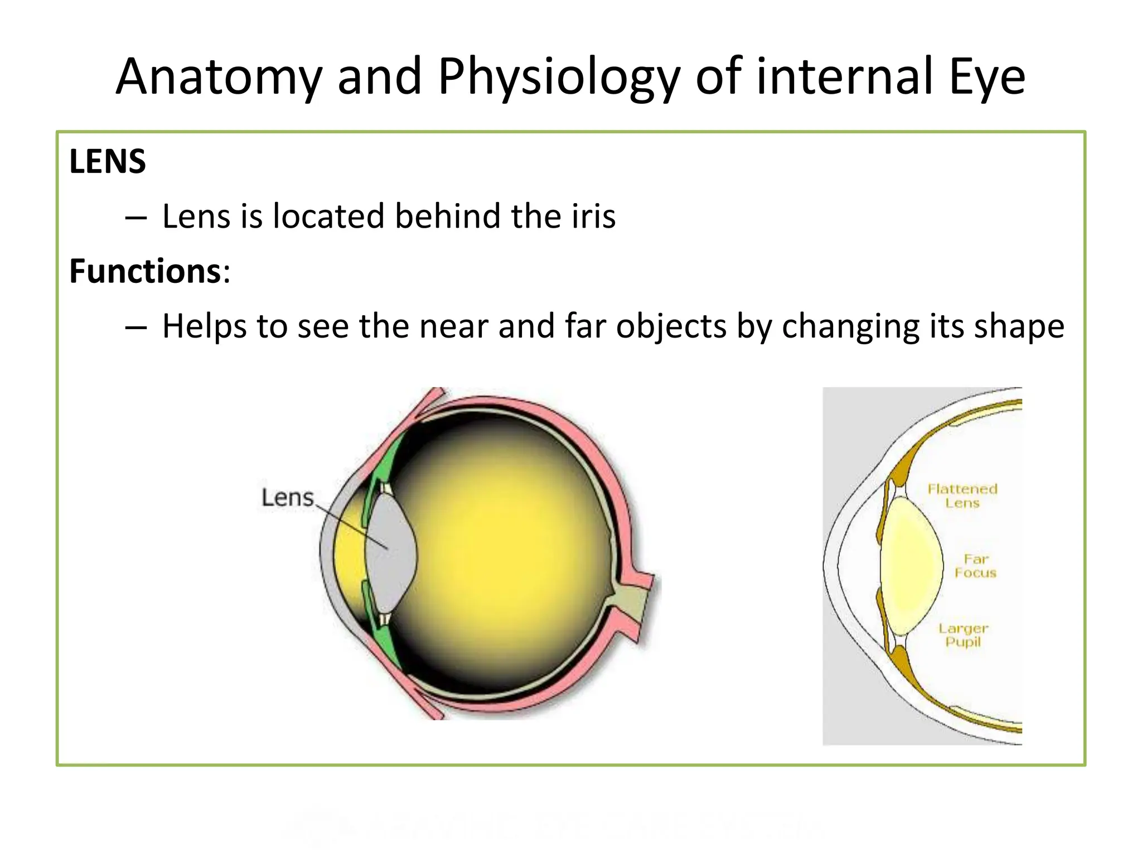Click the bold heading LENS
108,162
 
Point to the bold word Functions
145,272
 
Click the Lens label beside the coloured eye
288,497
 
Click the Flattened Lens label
962,496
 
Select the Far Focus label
975,566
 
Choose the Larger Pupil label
963,635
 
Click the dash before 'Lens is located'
136,217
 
